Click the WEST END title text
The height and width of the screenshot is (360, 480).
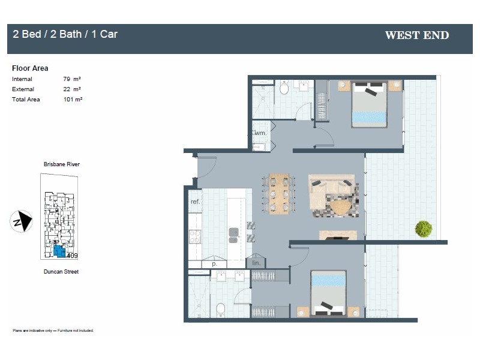[416, 35]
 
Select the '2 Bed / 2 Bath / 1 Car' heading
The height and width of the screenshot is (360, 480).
[65, 34]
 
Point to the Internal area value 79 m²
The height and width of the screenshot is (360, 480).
[72, 79]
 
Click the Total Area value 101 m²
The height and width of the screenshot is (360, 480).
[72, 100]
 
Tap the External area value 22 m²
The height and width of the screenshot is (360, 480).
[72, 89]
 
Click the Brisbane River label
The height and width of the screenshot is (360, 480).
[61, 164]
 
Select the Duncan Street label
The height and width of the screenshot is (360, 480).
[61, 272]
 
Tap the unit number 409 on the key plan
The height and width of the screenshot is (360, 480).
[72, 256]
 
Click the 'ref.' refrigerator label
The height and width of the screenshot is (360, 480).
[195, 202]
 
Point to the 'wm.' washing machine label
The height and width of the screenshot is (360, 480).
[261, 133]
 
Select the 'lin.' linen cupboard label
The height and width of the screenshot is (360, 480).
[256, 263]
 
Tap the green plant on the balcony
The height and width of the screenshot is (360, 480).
[423, 229]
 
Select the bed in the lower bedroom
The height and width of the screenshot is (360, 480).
[328, 294]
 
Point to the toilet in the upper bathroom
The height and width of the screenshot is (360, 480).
[285, 88]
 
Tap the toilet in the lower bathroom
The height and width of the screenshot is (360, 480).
[220, 309]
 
